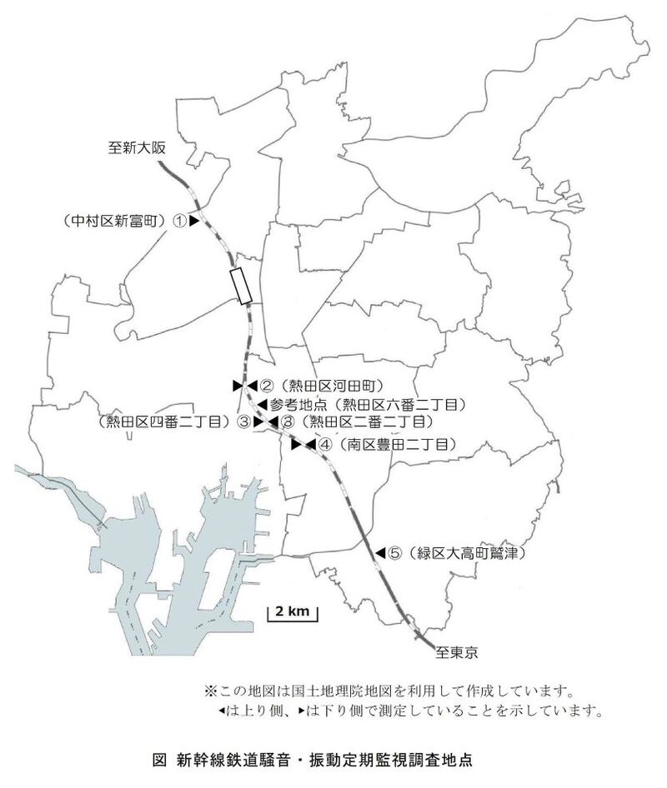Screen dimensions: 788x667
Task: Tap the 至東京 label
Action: [460, 652]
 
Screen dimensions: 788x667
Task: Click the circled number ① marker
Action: [179, 221]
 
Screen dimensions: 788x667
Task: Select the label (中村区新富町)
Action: [113, 221]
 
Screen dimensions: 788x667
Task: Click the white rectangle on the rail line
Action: [241, 286]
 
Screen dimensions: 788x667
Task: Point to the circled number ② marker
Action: [267, 386]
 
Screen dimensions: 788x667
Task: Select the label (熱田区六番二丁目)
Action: [397, 404]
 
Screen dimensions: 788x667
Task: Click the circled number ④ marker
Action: [324, 445]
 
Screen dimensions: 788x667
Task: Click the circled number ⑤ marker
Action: [395, 552]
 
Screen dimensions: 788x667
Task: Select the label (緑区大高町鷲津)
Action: [467, 552]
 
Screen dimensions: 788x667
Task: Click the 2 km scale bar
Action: [292, 614]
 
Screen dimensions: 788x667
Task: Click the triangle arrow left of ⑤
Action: [379, 552]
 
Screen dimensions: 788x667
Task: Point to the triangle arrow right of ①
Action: [193, 221]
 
